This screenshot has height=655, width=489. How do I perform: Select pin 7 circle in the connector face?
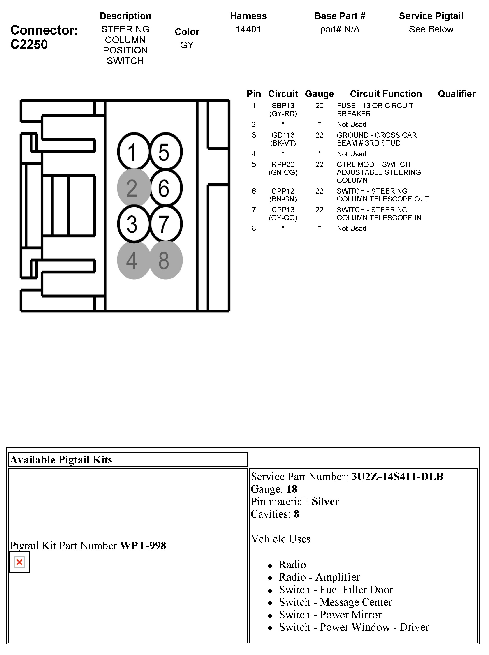coord(165,224)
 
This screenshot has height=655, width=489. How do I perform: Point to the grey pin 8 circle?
coord(165,260)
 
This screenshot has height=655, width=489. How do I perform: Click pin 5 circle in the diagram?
coord(165,152)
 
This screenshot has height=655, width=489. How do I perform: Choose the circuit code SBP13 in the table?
coord(283,106)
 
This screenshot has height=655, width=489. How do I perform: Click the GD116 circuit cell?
coord(283,135)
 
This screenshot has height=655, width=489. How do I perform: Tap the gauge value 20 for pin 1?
coord(319,106)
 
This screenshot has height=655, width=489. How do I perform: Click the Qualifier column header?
coord(457,94)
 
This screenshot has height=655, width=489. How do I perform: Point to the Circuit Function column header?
coord(386,94)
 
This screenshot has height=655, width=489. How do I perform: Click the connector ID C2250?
coord(29,44)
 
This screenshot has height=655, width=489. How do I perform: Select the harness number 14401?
coord(248,29)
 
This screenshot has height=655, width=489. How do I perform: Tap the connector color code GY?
coord(187,45)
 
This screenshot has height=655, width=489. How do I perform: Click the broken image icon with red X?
coord(20,562)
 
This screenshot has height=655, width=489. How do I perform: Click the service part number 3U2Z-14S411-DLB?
coord(397,477)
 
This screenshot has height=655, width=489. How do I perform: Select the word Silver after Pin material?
coord(325,501)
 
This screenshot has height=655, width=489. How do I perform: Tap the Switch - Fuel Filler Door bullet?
coord(336,590)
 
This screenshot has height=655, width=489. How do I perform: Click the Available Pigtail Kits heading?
coord(61,460)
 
